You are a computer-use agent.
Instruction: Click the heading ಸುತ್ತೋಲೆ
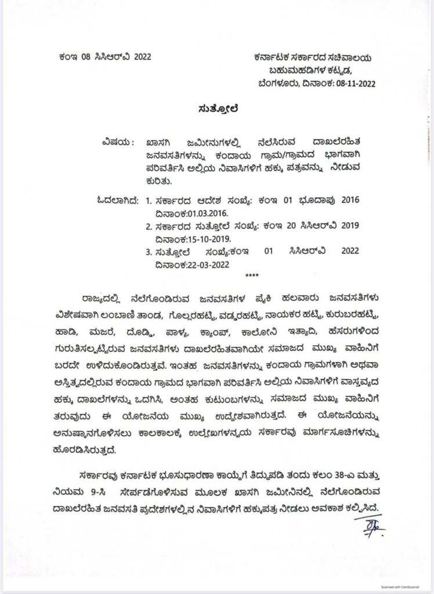coord(217,108)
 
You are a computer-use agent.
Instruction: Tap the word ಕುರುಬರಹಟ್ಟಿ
coord(359,317)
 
